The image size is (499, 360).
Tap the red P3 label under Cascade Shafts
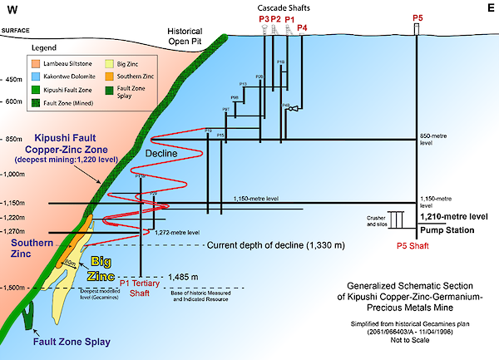[264, 17]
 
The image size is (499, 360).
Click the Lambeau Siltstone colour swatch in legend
[33, 63]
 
